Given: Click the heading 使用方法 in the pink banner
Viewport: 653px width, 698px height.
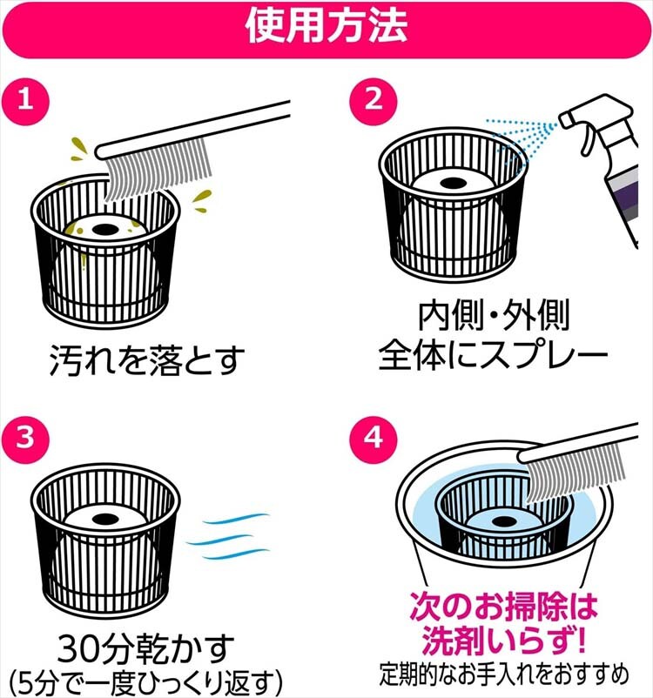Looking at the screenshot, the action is tap(326, 27).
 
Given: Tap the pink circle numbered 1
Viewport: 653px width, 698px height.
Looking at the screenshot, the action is tap(25, 99).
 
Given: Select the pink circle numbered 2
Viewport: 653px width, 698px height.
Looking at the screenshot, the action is tap(374, 99).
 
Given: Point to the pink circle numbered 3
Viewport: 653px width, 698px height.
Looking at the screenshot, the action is tap(25, 437).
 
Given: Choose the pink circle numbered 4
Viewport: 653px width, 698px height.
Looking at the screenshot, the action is tap(374, 437).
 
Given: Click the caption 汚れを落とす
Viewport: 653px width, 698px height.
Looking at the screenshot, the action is tap(147, 360).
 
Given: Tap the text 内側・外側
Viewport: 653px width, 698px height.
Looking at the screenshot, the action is tap(494, 317).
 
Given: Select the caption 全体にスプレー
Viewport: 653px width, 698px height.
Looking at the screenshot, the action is tap(494, 356).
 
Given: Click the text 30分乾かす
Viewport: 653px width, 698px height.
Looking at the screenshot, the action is tap(146, 648).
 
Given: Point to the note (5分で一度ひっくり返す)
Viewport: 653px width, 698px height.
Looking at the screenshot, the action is tap(146, 682).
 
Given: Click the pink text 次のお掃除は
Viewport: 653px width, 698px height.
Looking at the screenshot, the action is tap(503, 607).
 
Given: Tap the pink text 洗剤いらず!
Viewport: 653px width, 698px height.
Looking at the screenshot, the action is tap(503, 641).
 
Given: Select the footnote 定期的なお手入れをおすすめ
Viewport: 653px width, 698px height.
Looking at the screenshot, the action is tap(504, 675).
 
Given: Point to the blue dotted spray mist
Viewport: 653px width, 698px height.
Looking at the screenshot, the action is tap(521, 134).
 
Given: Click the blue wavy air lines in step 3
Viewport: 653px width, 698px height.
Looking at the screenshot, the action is tap(228, 536).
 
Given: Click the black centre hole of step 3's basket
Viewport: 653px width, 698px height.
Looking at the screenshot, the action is tap(104, 518).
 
